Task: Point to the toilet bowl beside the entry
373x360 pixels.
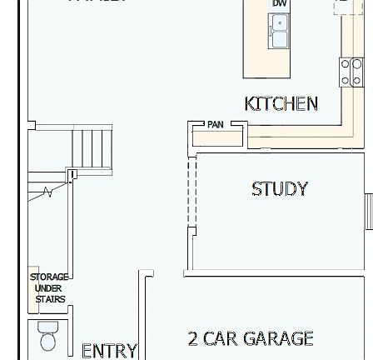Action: click(x=15, y=337)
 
